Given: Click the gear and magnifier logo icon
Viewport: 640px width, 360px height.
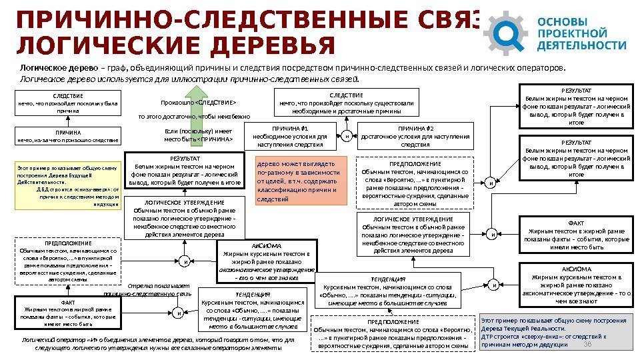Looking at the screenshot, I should (x=508, y=32).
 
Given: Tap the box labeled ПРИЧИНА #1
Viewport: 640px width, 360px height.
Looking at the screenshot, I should (x=294, y=136).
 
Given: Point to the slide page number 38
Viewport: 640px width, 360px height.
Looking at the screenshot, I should (x=587, y=344).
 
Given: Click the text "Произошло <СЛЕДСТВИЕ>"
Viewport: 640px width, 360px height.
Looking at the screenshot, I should (x=199, y=103).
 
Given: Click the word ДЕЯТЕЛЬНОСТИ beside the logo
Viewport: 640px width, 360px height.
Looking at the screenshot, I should (x=582, y=46).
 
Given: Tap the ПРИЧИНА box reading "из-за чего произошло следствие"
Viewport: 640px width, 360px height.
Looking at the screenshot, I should (x=68, y=137).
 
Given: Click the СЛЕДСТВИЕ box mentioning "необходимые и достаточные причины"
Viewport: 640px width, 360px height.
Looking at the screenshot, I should (x=346, y=103).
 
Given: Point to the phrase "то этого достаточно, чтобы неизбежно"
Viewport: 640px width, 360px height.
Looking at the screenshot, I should (x=194, y=117).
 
